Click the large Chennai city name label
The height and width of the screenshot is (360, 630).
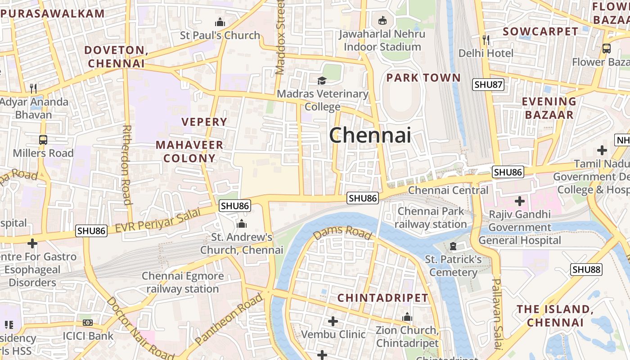tap(370, 135)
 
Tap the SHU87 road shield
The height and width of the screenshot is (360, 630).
tap(488, 84)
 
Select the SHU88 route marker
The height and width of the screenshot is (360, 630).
tap(586, 270)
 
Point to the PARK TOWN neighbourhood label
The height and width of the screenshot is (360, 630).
tap(423, 78)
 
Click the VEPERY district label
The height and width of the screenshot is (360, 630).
tap(204, 121)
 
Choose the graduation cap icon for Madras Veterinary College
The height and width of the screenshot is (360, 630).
tap(322, 81)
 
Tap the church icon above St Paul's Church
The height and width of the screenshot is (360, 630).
tap(220, 22)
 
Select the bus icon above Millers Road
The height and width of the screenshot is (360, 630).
tap(43, 140)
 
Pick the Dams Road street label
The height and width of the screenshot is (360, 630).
tap(342, 232)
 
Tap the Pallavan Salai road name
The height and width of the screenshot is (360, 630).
tap(497, 314)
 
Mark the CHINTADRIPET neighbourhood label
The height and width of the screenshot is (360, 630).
tap(382, 298)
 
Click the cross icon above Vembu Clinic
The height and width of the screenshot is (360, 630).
tap(333, 321)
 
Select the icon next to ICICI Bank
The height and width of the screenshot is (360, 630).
tap(88, 323)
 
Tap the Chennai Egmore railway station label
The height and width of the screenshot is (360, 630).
tap(183, 282)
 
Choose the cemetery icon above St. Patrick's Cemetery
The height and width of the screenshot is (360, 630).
tap(453, 246)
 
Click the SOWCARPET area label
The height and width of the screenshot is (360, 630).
tap(540, 31)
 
